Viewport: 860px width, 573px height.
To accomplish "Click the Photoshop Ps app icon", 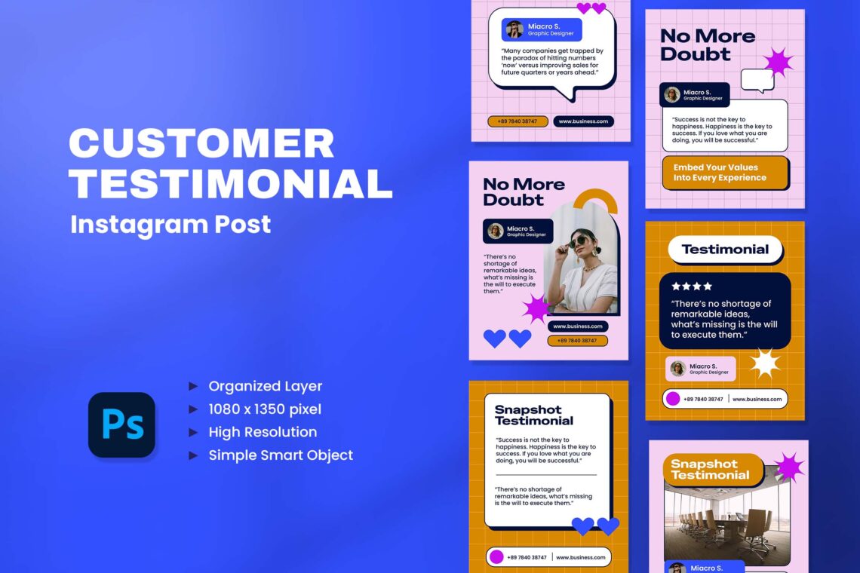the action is (x=121, y=424).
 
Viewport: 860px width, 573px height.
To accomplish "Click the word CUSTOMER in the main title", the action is (x=202, y=143).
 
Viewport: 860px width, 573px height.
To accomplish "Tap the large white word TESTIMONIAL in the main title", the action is (x=231, y=183).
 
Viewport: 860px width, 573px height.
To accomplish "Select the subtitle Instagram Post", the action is (x=170, y=224).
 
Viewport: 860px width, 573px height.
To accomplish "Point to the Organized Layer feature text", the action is (x=266, y=386).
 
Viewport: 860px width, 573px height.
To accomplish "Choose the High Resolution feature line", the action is (x=263, y=432).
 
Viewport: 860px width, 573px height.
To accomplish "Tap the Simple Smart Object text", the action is (x=281, y=455).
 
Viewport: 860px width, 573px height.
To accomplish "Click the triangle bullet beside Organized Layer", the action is (x=193, y=386).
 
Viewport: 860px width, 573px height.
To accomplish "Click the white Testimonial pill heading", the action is (x=725, y=250).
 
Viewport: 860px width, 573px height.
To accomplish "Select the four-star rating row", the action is (x=692, y=286).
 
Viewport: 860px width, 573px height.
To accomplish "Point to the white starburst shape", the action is (x=764, y=363).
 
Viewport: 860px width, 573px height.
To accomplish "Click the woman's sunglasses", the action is (x=579, y=242).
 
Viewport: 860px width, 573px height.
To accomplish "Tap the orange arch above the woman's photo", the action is (x=596, y=200).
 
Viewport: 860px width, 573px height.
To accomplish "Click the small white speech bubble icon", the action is (x=757, y=81).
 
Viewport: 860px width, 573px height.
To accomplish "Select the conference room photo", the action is (x=726, y=516).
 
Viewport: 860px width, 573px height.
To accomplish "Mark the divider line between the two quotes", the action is (x=545, y=475).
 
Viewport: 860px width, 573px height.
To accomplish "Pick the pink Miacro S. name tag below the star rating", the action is (x=700, y=369).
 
